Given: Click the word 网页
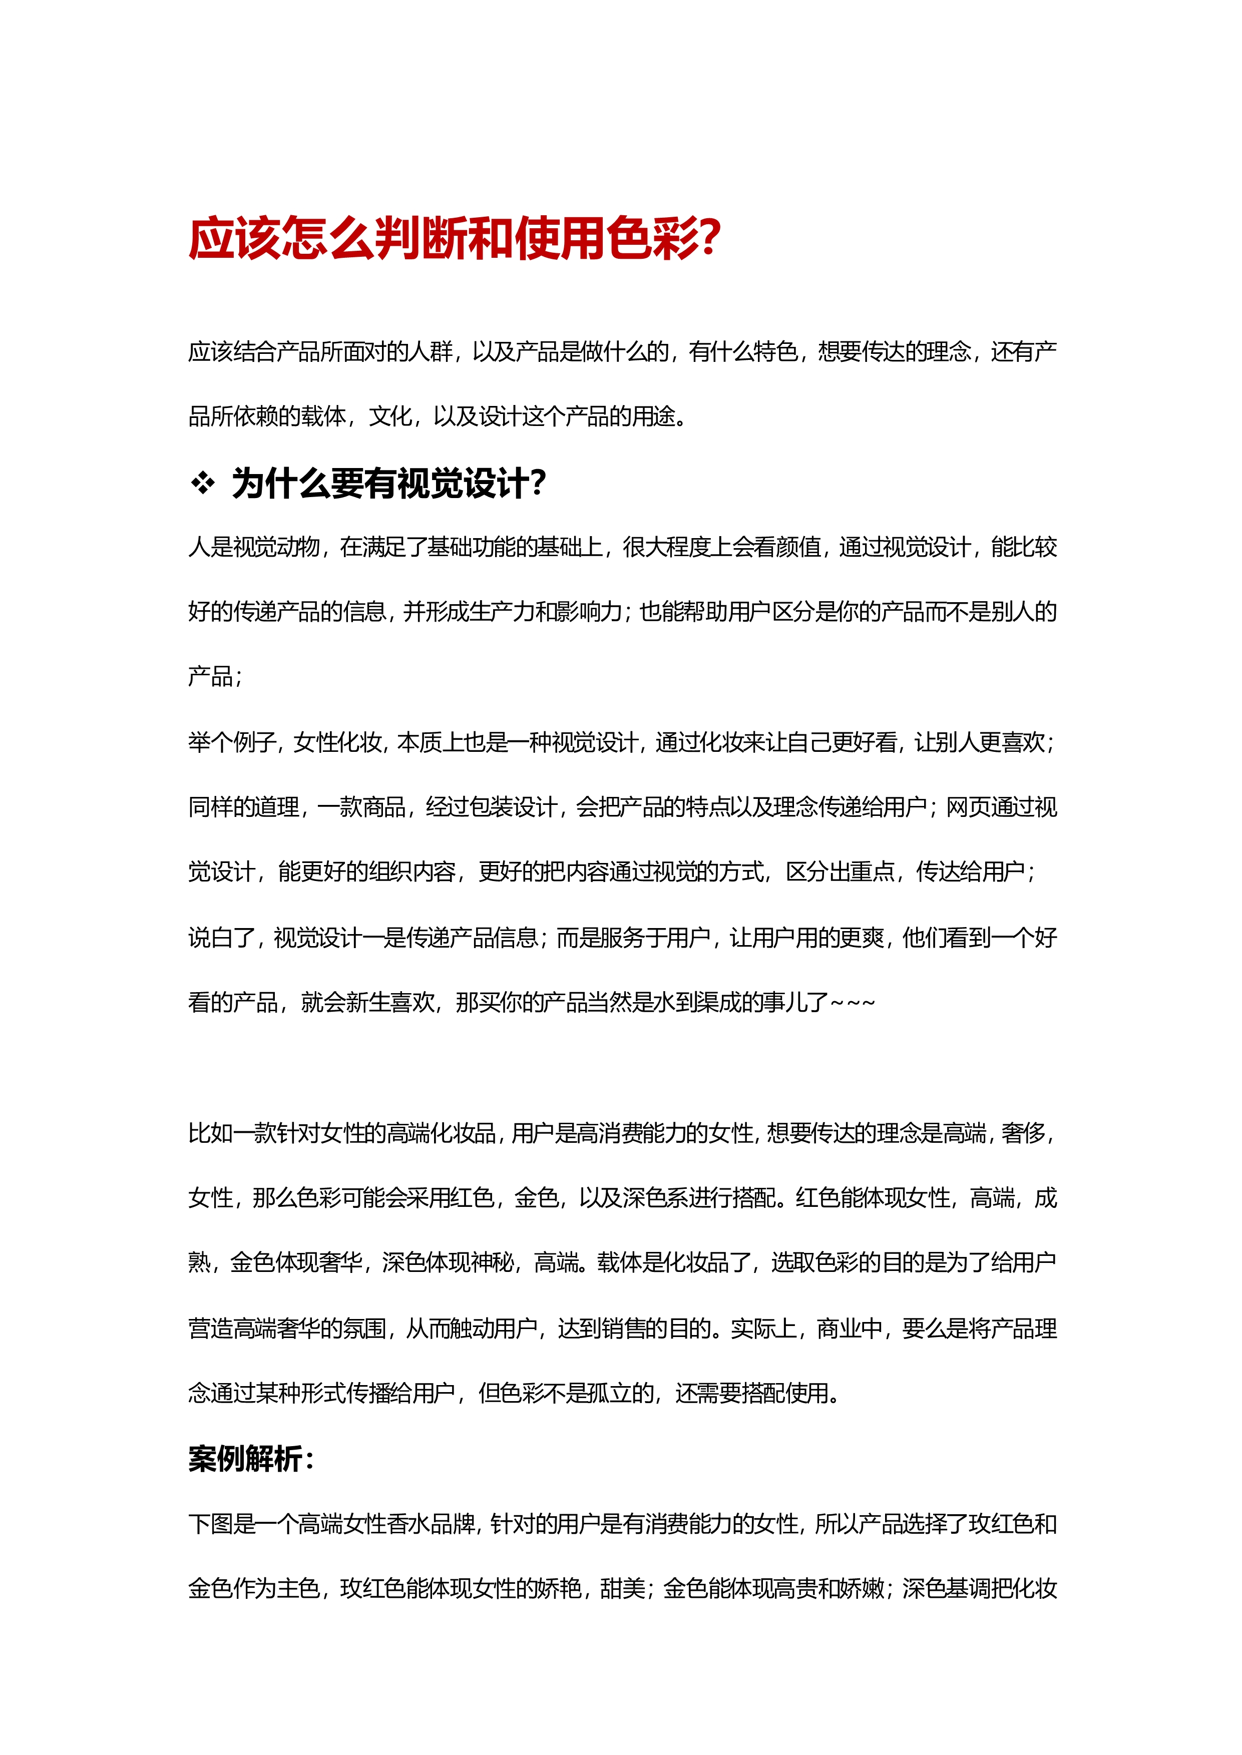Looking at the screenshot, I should click(968, 807).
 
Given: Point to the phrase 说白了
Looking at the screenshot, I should click(221, 938).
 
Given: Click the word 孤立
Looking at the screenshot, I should click(610, 1393).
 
